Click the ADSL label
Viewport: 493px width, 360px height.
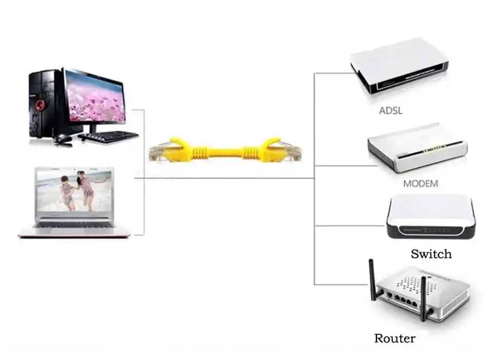pos(390,110)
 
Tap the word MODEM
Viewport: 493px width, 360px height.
pos(421,183)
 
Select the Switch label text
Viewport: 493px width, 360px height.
pos(431,254)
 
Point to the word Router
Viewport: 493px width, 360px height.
pos(394,338)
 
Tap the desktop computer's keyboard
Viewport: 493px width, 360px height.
pos(109,136)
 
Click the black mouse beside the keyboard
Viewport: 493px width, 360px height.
pos(62,139)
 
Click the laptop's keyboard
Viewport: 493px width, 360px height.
pos(74,224)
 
